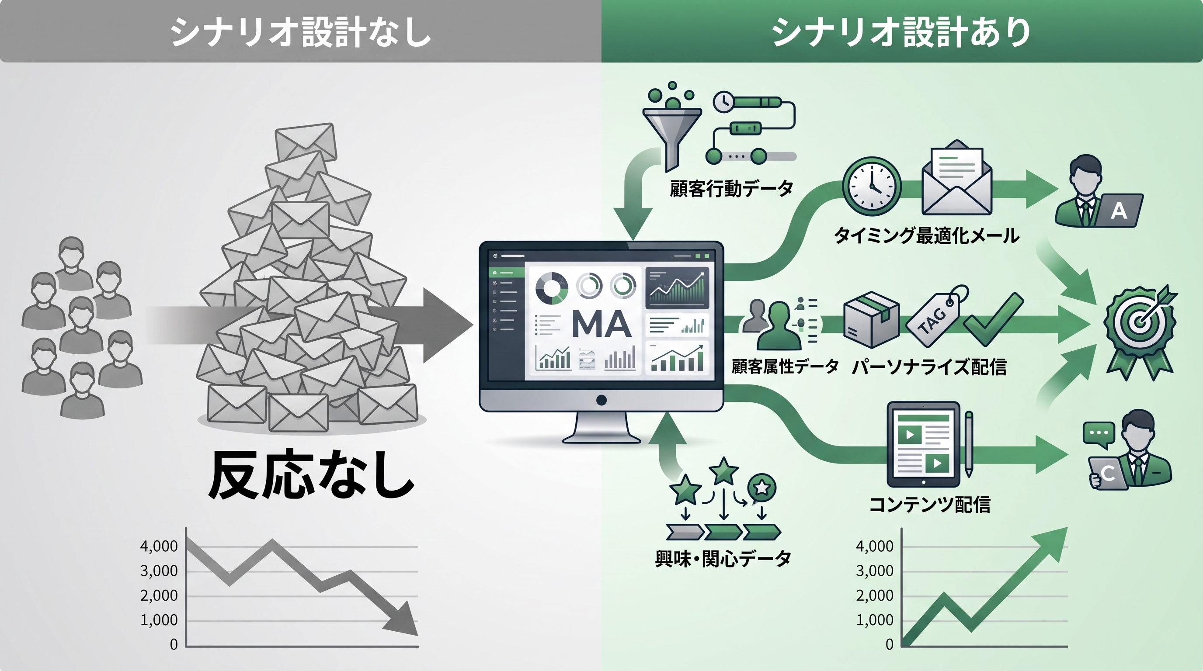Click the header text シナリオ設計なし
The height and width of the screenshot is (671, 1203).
(300, 32)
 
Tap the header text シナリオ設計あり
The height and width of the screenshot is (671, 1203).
(901, 32)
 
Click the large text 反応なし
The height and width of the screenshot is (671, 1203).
(311, 474)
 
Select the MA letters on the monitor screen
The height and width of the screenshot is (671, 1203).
(601, 323)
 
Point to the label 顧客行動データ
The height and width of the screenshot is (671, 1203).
(731, 189)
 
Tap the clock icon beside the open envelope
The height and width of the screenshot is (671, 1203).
(871, 186)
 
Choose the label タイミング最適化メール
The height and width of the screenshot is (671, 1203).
(926, 235)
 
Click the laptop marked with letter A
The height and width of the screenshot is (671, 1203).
(1119, 211)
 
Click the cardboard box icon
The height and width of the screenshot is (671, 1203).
(871, 320)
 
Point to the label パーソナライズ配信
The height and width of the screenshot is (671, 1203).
(929, 367)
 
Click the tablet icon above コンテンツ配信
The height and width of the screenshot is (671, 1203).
(923, 444)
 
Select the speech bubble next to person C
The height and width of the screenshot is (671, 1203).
(1099, 433)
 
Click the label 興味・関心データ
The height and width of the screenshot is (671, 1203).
(723, 559)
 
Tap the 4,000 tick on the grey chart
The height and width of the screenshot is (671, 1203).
(159, 546)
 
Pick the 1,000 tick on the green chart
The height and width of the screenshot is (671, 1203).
(874, 620)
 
